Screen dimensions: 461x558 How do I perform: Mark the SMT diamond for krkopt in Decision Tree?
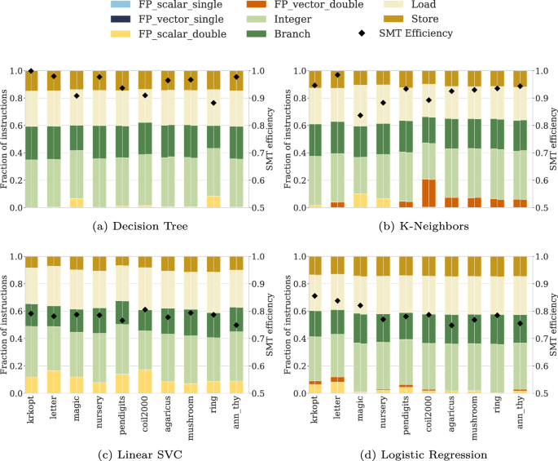click(31, 72)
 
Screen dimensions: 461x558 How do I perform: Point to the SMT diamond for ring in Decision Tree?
click(213, 103)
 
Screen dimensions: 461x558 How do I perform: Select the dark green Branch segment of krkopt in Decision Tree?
click(31, 143)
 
